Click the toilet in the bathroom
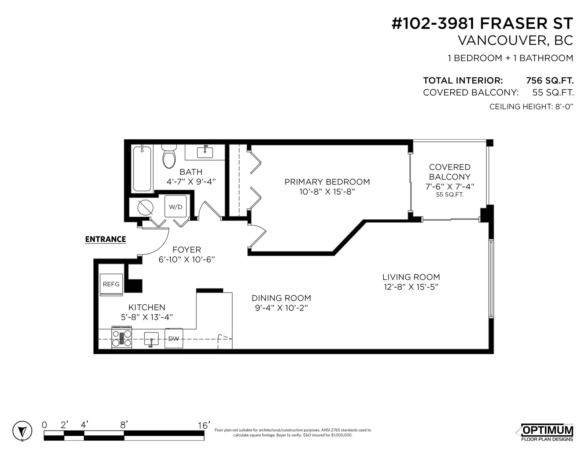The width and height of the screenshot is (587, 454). (x=169, y=157)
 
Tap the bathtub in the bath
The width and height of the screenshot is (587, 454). (x=142, y=169)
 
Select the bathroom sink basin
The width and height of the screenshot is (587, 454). (x=205, y=152)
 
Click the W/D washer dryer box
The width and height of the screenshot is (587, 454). (x=175, y=207)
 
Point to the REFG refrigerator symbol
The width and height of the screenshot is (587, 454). (x=111, y=285)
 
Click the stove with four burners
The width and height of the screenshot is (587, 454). (x=122, y=338)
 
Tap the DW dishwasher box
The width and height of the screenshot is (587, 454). (x=174, y=338)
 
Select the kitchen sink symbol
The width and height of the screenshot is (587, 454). (x=151, y=339)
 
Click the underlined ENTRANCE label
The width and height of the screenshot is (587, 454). (x=105, y=239)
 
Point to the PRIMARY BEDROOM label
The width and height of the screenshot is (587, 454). (x=327, y=182)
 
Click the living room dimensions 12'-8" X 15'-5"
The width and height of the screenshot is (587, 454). (x=411, y=287)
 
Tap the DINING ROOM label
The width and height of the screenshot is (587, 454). (x=281, y=298)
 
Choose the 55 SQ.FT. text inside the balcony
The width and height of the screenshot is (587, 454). (x=449, y=195)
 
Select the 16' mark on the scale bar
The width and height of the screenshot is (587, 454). (x=204, y=426)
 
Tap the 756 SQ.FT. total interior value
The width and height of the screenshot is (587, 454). (x=549, y=80)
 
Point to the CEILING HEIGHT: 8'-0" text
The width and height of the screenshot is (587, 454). (x=531, y=106)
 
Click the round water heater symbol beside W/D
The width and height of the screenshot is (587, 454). (x=145, y=207)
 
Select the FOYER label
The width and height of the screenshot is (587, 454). (x=186, y=250)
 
